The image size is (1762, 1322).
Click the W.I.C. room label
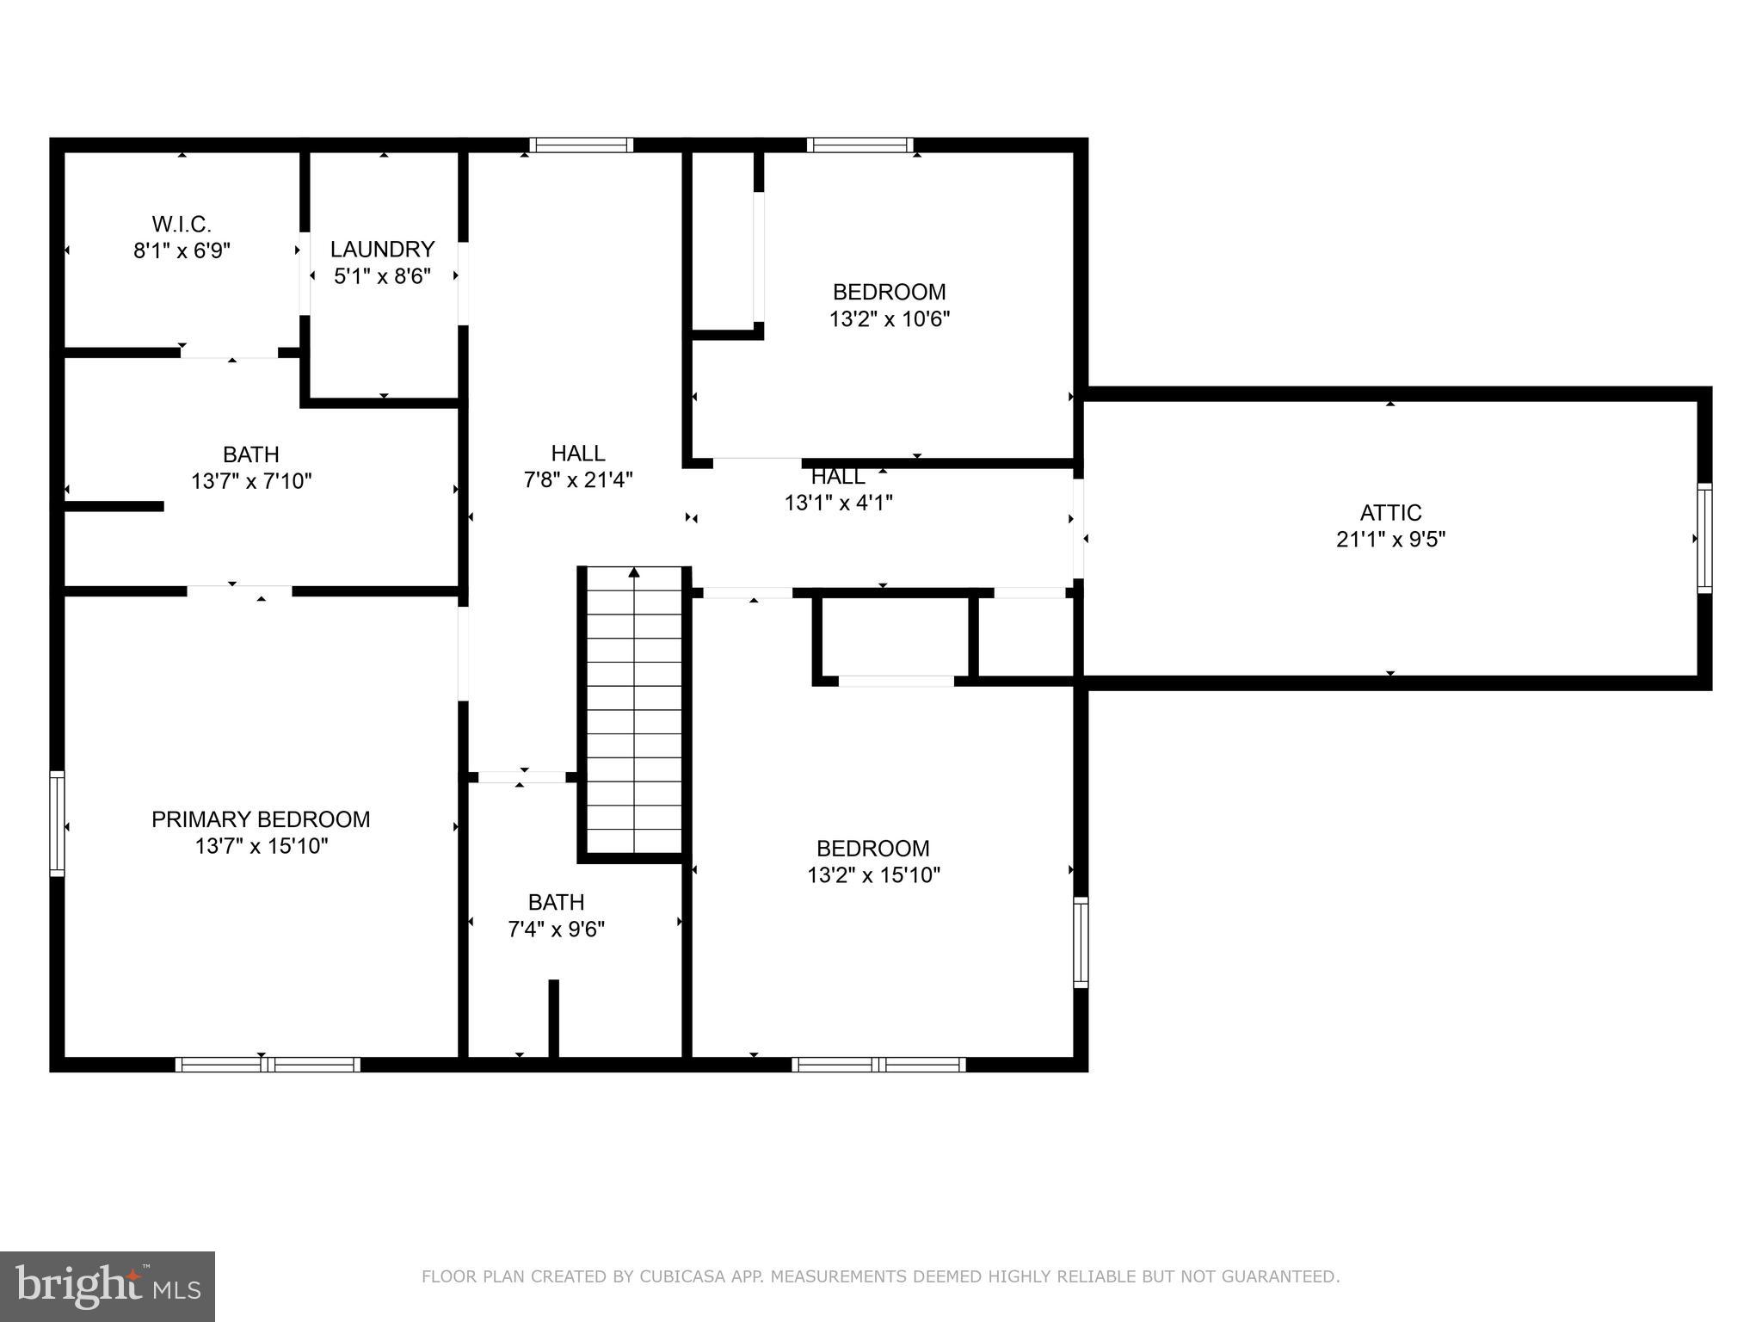[x=182, y=225]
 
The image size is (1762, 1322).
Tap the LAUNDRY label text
[x=382, y=250]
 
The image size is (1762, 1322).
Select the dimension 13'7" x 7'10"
[x=250, y=481]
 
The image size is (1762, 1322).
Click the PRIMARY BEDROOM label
[x=261, y=819]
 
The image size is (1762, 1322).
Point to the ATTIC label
[x=1390, y=513]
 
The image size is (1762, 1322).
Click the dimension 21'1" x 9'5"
[x=1390, y=540]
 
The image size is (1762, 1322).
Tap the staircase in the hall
[x=634, y=714]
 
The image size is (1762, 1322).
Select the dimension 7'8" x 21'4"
[x=578, y=480]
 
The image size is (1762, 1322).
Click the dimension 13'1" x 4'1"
[x=838, y=503]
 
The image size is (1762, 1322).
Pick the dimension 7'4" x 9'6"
[x=556, y=930]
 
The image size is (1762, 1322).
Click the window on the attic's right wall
[x=1703, y=538]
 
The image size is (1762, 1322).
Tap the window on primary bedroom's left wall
[x=57, y=823]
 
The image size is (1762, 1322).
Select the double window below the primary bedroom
[x=268, y=1065]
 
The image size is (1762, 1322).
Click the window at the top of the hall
[x=581, y=145]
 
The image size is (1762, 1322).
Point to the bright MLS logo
[x=108, y=1286]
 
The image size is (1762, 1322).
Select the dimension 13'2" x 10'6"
[x=889, y=319]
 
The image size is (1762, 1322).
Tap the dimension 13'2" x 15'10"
[x=873, y=875]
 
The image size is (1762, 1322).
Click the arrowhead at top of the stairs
[x=634, y=572]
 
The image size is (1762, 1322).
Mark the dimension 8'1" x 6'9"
[x=182, y=251]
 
